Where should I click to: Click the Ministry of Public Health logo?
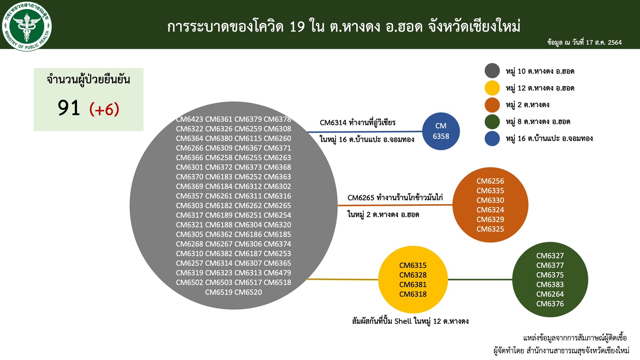pos(27,26)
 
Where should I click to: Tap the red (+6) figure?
pos(104,109)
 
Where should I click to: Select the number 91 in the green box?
pos(69,108)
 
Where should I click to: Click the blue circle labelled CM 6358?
pos(441,131)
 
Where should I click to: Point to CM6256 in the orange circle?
pos(490,181)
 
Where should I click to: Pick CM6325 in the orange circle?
pos(490,229)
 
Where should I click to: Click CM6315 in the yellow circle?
pos(413,265)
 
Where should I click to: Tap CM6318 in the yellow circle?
pos(413,294)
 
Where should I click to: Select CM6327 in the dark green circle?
pos(550,256)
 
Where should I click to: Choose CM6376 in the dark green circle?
pos(550,304)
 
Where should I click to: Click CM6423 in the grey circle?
pos(189,119)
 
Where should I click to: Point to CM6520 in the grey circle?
pos(248,292)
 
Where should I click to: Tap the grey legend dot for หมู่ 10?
pos(492,70)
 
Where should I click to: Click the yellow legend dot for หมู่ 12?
pos(492,88)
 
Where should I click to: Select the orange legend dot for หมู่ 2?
pos(492,105)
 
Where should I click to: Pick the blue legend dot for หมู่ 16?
pos(492,139)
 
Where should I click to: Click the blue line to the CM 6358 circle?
pos(365,132)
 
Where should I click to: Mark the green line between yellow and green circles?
pos(480,279)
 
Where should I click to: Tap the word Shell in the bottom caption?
pos(403,321)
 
